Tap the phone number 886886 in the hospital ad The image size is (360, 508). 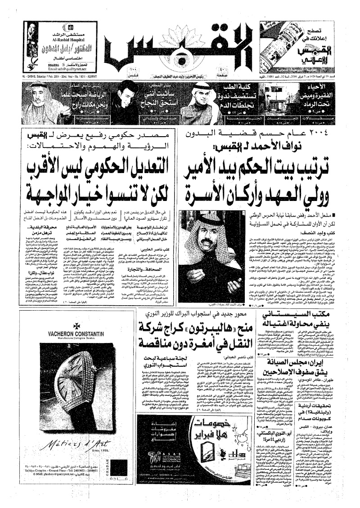55,64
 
